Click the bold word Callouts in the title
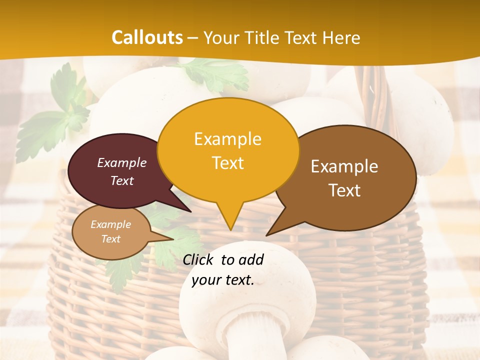point(147,37)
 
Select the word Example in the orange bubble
point(227,139)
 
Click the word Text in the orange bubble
point(227,163)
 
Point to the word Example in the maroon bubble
point(122,162)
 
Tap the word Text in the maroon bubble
point(122,180)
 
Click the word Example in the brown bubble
point(344,166)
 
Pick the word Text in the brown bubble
point(344,190)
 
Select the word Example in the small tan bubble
point(110,224)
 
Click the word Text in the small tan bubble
point(110,239)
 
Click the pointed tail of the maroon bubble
point(188,210)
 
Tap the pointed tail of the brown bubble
point(268,233)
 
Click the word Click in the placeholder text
point(199,259)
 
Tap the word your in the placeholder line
point(206,280)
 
